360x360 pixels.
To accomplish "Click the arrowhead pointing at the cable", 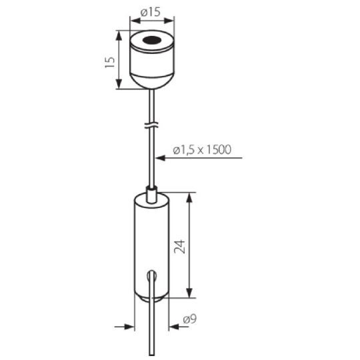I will (x=161, y=158).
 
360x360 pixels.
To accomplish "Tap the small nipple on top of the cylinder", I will (x=152, y=194).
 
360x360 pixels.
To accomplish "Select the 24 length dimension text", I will (x=179, y=247).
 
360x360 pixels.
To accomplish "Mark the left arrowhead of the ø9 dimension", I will (x=130, y=326).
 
